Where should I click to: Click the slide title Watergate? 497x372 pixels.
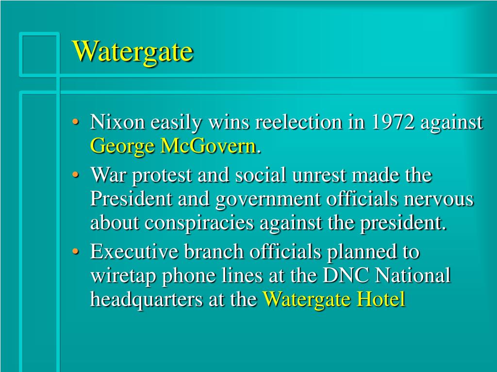(133, 51)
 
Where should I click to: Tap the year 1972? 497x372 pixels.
(393, 123)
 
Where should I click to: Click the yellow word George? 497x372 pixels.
(122, 146)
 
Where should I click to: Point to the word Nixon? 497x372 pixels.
(117, 123)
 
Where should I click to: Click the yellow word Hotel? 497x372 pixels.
(381, 300)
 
